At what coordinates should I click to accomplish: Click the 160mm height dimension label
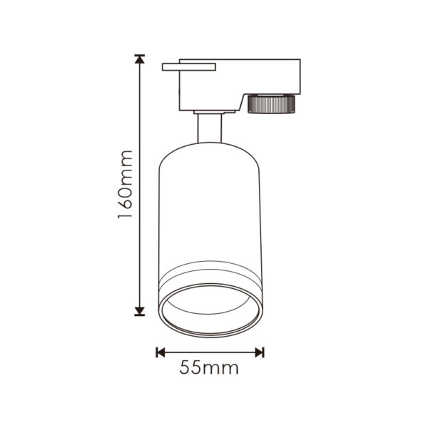point(125,185)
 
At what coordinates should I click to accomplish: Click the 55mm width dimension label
point(209,367)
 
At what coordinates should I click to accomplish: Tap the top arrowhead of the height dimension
point(140,59)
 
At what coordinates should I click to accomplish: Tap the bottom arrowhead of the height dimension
point(140,312)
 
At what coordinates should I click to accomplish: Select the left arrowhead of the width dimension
point(160,352)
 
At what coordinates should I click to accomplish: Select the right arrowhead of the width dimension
point(260,352)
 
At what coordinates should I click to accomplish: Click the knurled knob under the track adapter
point(271,103)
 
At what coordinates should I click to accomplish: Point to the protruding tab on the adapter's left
point(189,67)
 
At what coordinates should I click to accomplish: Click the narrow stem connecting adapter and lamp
point(210,128)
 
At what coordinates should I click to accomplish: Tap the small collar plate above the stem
point(214,112)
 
